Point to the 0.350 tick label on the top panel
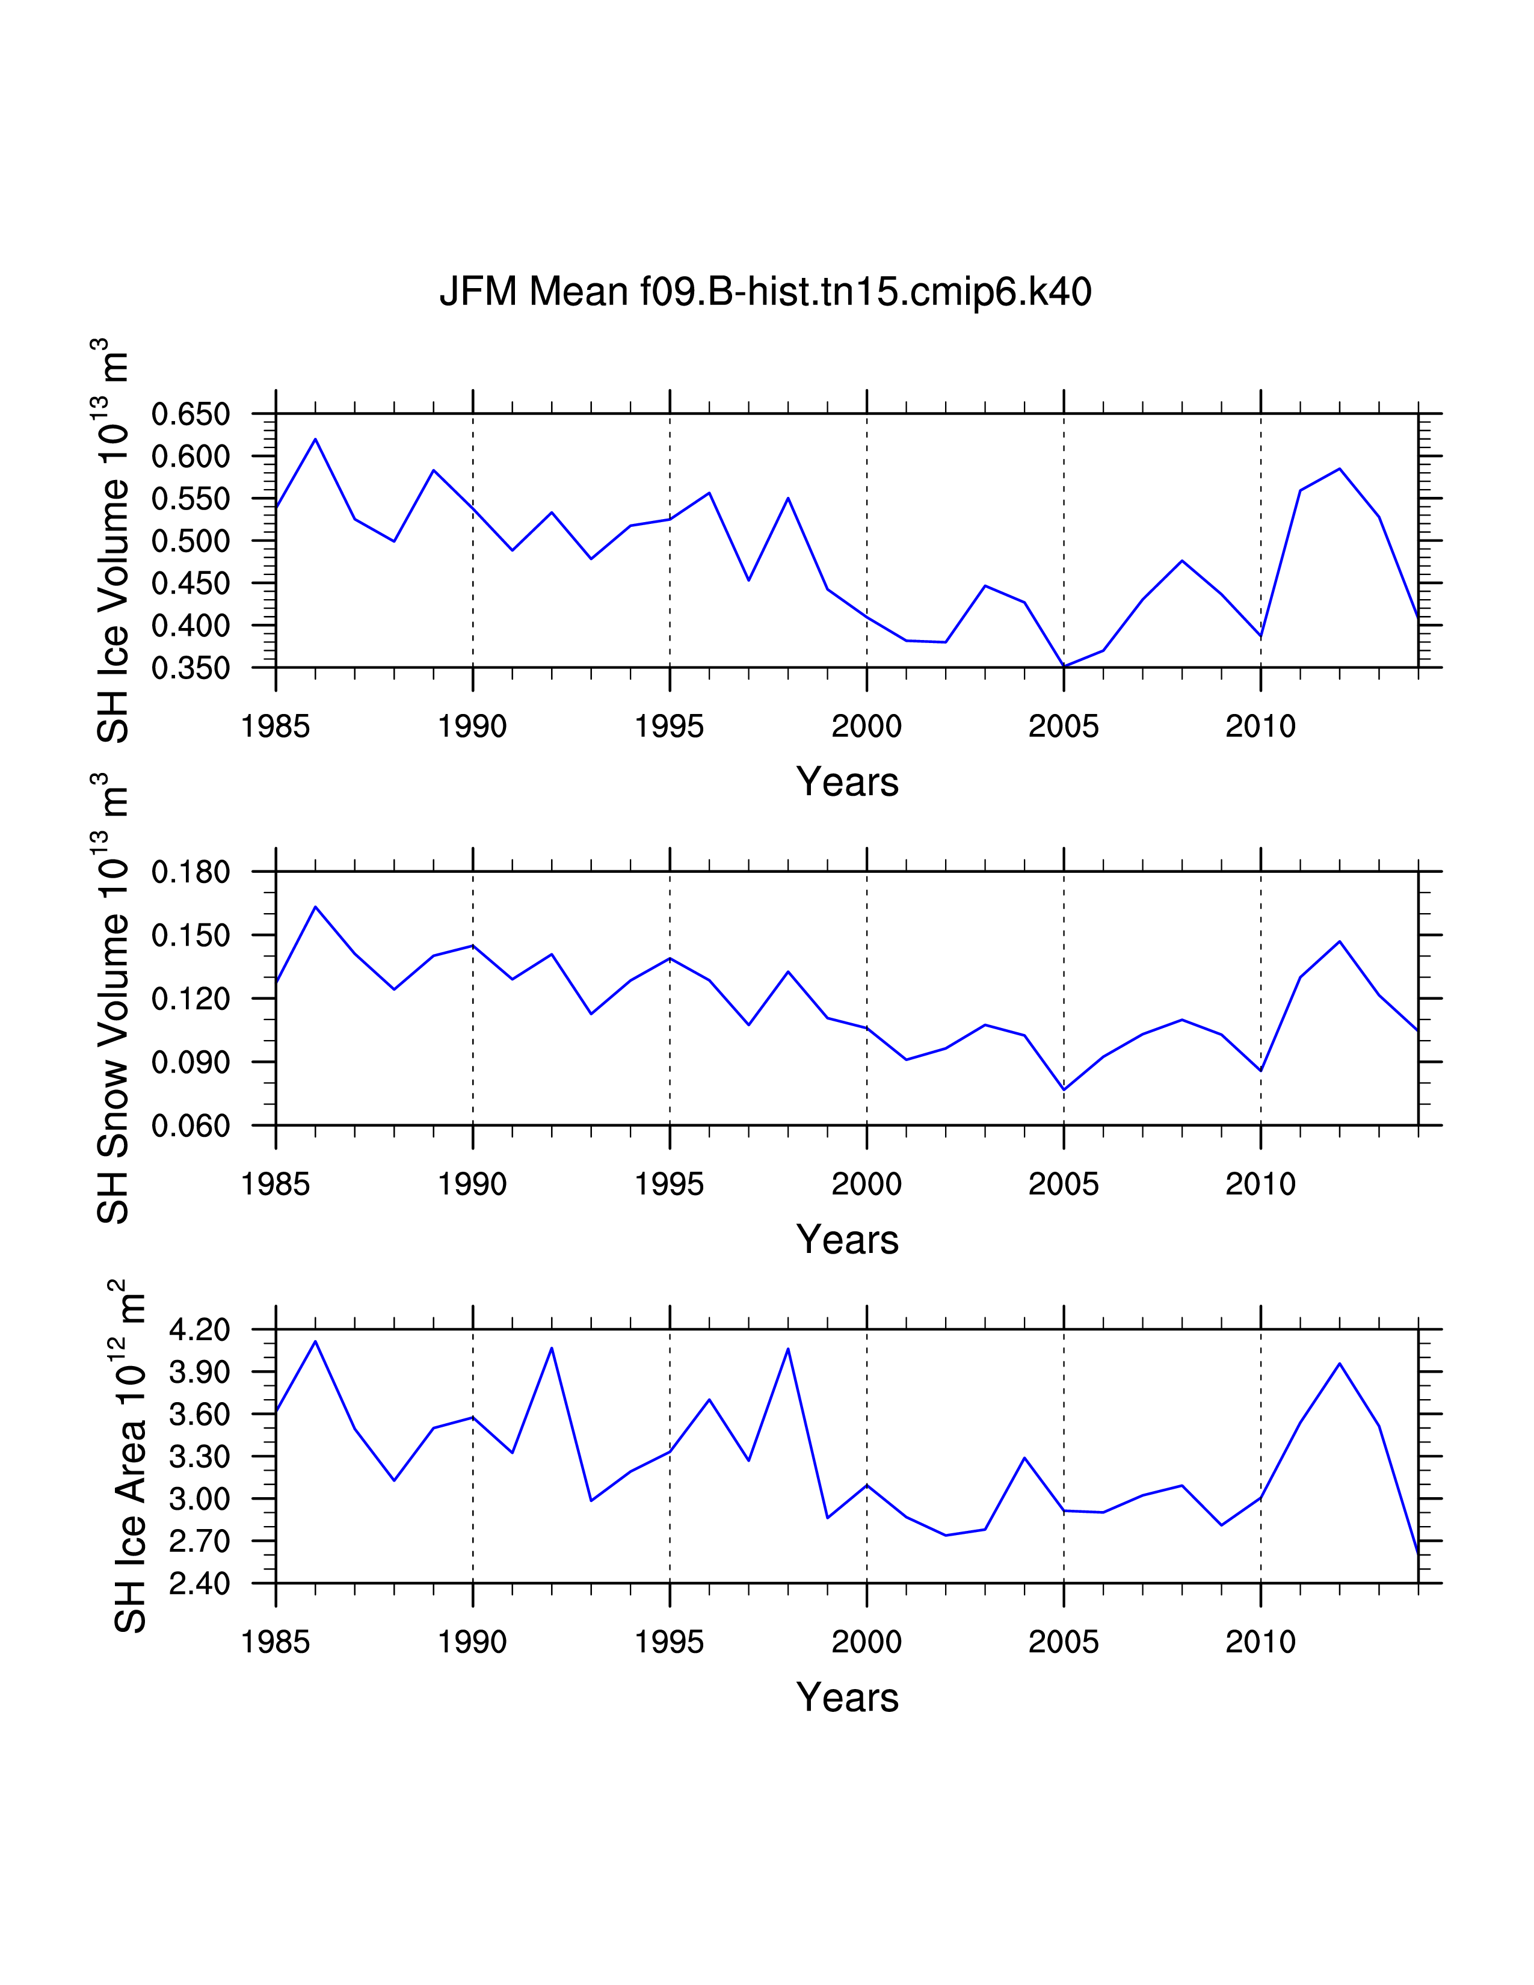pyautogui.click(x=190, y=669)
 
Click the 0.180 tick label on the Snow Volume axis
pyautogui.click(x=190, y=873)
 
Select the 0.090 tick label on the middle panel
pyautogui.click(x=190, y=1062)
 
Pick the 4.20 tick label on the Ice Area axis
pyautogui.click(x=199, y=1330)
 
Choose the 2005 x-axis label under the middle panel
pyautogui.click(x=1063, y=1184)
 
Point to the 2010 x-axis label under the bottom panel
pyautogui.click(x=1260, y=1642)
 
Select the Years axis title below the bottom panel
pyautogui.click(x=847, y=1698)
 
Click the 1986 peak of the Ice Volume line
pyautogui.click(x=315, y=439)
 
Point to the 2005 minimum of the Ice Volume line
pyautogui.click(x=1063, y=666)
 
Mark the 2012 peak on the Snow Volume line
pyautogui.click(x=1340, y=941)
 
